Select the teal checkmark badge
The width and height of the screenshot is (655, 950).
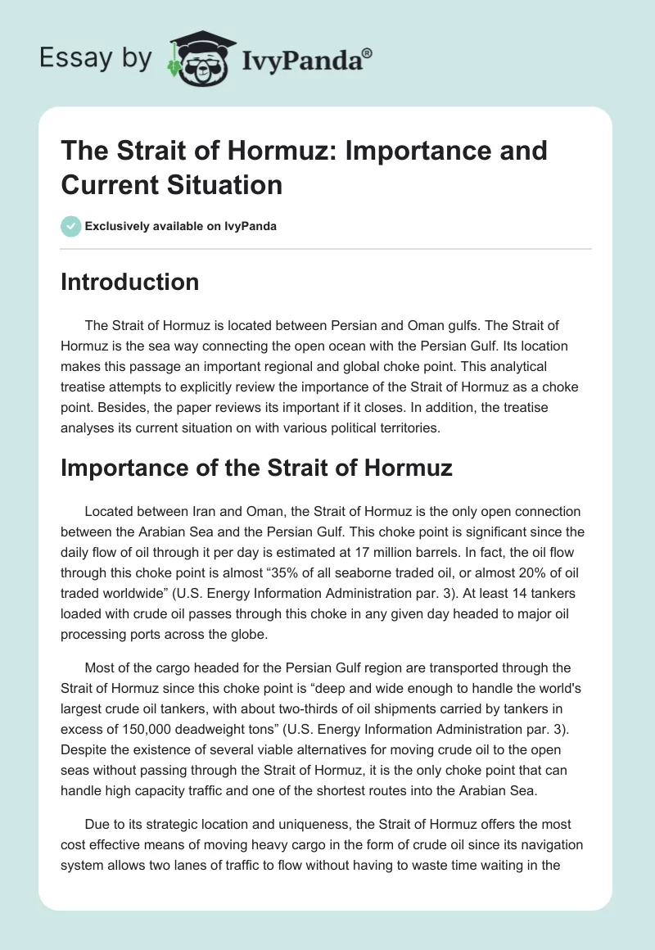[71, 226]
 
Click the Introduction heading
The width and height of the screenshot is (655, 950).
[129, 282]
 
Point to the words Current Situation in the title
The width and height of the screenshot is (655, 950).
[171, 184]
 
